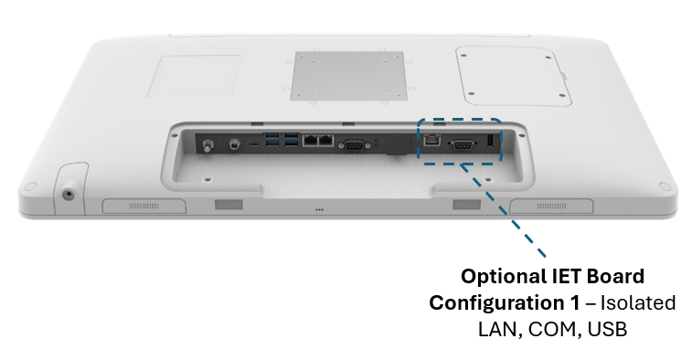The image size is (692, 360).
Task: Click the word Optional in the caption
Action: pos(503,277)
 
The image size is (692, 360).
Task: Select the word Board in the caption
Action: pos(615,276)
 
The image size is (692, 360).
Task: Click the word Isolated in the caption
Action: pos(638,303)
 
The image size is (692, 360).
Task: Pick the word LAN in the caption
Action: pos(498,330)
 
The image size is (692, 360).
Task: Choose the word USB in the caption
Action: pos(607,330)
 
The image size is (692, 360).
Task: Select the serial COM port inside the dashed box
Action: pos(463,145)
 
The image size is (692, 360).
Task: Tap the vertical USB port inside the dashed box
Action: pos(490,141)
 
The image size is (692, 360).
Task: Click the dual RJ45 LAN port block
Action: pos(318,141)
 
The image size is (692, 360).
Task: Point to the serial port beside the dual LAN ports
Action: pos(352,145)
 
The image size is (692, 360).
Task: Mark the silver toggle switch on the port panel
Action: pos(206,144)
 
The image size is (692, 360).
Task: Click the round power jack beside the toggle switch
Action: pos(235,143)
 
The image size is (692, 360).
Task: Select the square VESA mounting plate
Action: pos(348,76)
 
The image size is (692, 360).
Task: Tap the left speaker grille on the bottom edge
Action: pos(144,206)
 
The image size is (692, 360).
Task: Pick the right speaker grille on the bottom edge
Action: pos(551,206)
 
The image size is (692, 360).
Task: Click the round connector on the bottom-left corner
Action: pos(68,194)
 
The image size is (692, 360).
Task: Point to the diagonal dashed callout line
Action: pos(503,209)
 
